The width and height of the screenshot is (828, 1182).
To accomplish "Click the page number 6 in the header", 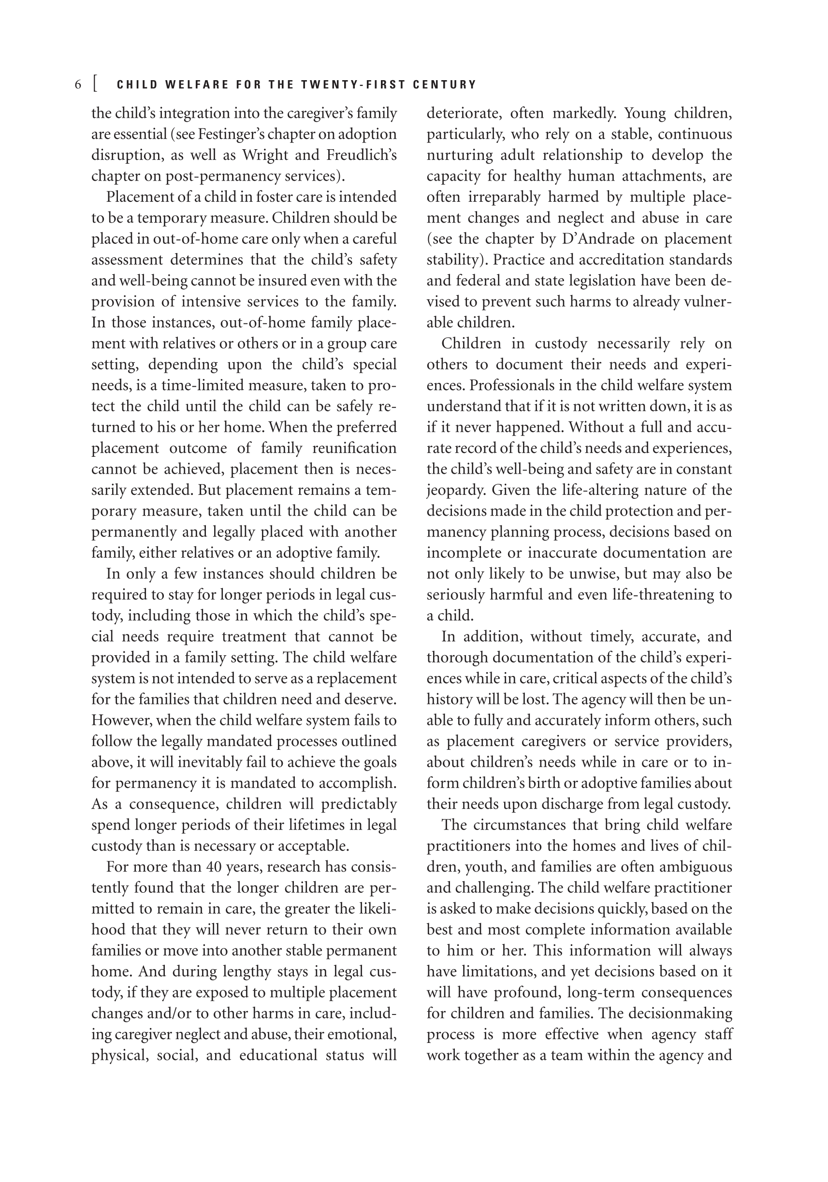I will (78, 84).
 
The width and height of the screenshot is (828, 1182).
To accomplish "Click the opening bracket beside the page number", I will (95, 84).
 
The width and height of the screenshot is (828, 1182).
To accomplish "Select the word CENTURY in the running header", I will (445, 84).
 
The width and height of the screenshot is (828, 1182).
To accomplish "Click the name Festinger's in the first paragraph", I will (227, 134).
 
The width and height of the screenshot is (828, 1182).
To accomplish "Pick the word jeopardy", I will (456, 490).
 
